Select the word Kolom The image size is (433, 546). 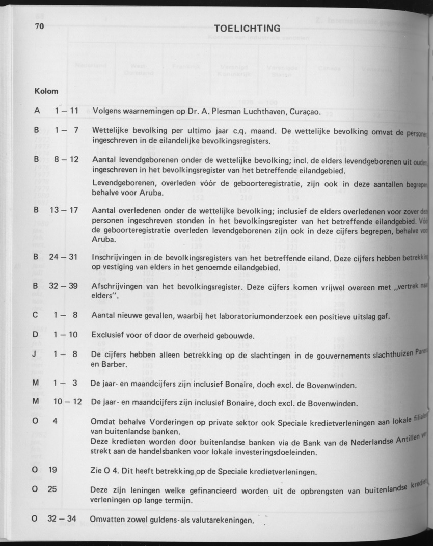[x=46, y=91]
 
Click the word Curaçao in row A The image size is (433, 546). [x=304, y=111]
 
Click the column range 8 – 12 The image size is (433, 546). [x=66, y=159]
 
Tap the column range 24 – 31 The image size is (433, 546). [x=64, y=257]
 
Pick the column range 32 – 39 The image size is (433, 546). [x=64, y=286]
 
